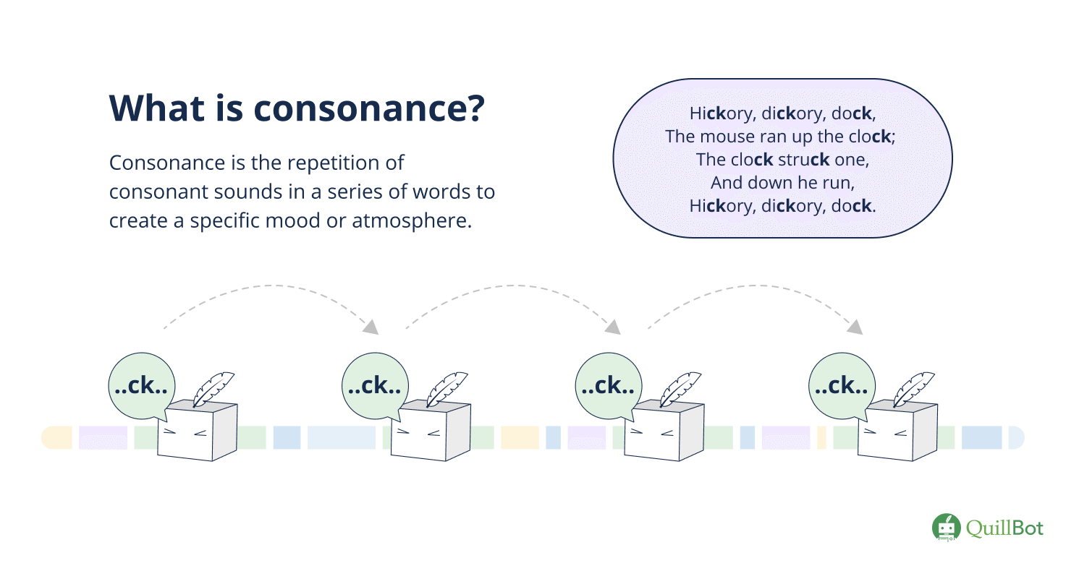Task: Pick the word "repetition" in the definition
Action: point(347,163)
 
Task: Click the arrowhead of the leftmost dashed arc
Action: point(371,327)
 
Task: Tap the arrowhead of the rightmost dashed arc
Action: point(855,327)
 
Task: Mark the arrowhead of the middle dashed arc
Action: point(613,327)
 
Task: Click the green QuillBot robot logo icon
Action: point(945,528)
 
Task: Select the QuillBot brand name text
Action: point(1005,528)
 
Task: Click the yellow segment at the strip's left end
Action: point(57,437)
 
